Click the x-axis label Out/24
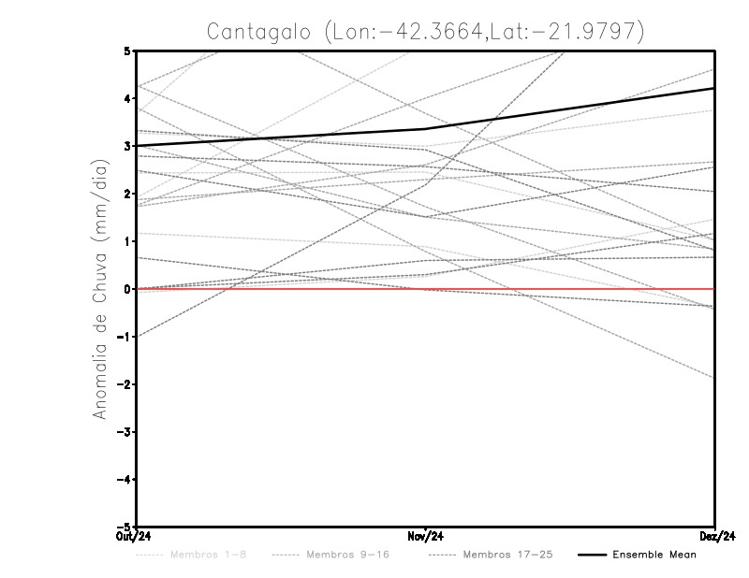[136, 537]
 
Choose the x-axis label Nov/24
[426, 537]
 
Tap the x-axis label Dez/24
[715, 537]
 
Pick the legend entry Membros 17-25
[508, 556]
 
